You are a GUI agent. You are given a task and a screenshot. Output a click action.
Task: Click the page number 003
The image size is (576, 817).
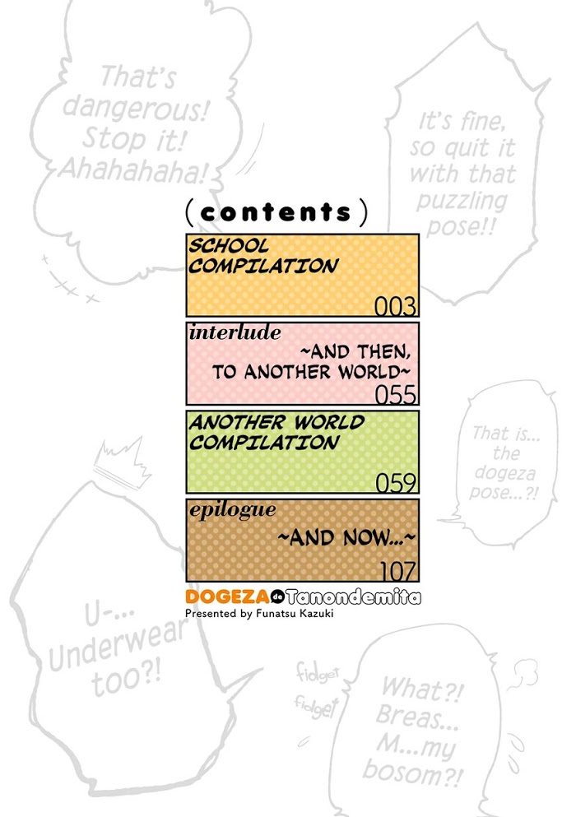pos(396,306)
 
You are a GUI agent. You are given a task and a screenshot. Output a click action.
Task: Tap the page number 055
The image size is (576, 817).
pos(396,394)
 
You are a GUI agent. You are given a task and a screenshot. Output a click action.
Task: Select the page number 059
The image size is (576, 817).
pos(396,483)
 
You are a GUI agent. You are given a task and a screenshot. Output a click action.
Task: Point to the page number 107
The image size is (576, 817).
pos(398,572)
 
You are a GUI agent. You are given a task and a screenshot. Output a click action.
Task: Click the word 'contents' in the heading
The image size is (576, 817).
pos(276,212)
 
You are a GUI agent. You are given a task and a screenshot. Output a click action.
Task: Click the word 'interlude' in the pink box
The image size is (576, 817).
pos(235,332)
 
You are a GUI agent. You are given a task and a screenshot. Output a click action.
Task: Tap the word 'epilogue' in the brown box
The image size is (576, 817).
pos(233,510)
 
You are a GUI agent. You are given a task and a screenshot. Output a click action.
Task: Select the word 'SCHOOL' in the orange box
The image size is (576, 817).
pos(229,245)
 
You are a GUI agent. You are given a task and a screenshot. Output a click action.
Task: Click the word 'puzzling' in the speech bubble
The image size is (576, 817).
pos(462,201)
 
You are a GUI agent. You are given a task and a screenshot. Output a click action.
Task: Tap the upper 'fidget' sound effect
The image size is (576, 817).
pos(318,672)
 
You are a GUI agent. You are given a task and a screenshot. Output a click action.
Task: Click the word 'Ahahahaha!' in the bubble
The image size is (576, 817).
pos(132,169)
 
